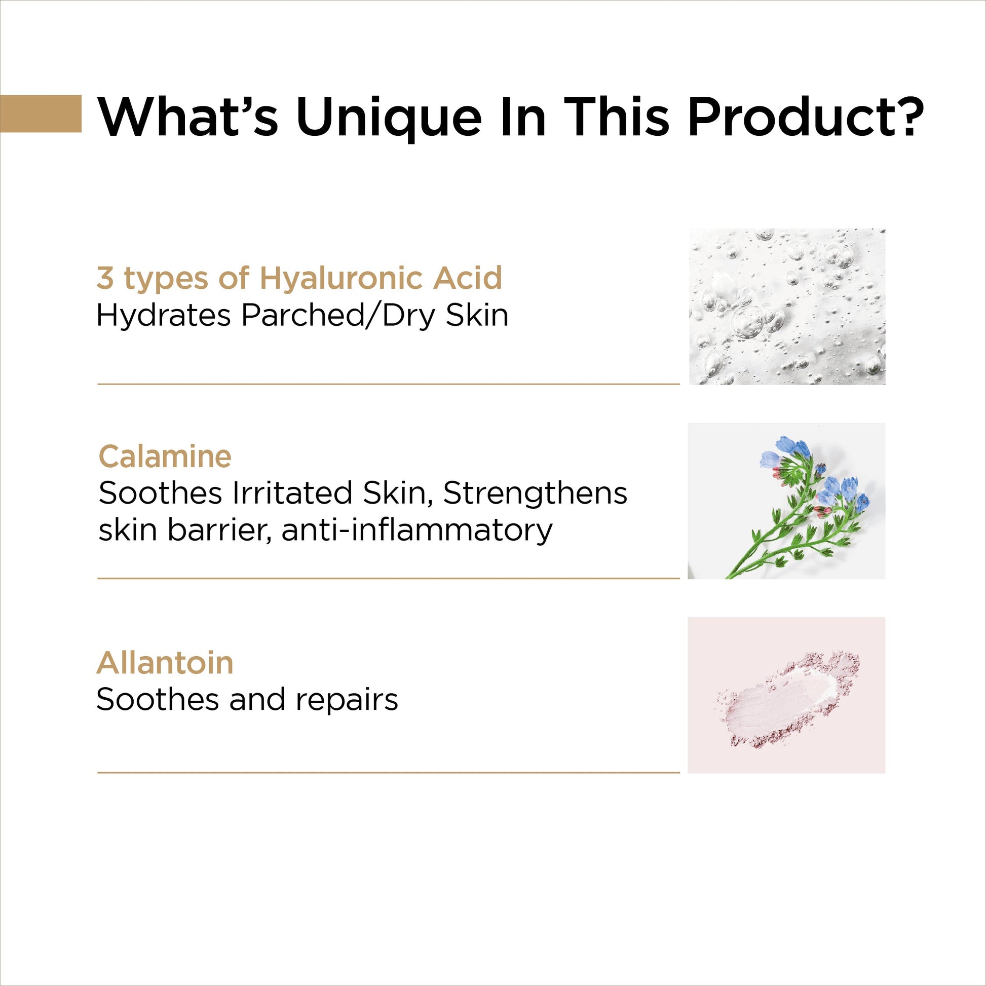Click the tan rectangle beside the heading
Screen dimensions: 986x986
(41, 113)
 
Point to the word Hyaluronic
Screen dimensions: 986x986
(343, 278)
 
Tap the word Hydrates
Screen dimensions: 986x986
(164, 315)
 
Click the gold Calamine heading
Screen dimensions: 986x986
(165, 456)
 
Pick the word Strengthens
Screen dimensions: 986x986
(535, 494)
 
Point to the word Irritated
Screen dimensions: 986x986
(292, 494)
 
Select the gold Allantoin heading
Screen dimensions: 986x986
(165, 662)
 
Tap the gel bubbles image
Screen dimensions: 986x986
(787, 306)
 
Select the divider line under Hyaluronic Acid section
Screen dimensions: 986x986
(389, 384)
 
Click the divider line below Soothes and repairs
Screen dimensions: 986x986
(389, 772)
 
